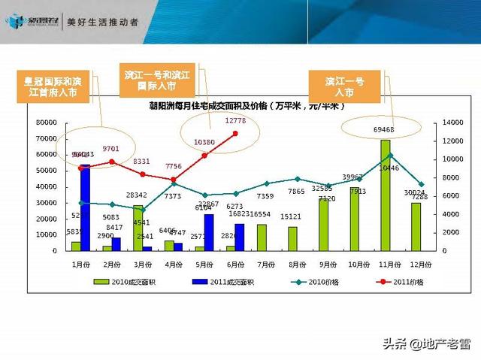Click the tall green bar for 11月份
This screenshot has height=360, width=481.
pos(385,195)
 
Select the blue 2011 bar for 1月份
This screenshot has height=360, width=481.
pos(85,207)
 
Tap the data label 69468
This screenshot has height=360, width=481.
pos(384,130)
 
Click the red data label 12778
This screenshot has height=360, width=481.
pos(236,121)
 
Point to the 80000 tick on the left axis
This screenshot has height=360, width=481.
pos(47,123)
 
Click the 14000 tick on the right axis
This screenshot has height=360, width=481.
pos(434,123)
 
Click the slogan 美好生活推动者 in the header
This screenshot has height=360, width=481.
pos(102,23)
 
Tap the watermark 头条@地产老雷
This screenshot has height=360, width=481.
pos(426,344)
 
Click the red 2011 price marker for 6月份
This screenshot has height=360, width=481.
pos(236,134)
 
